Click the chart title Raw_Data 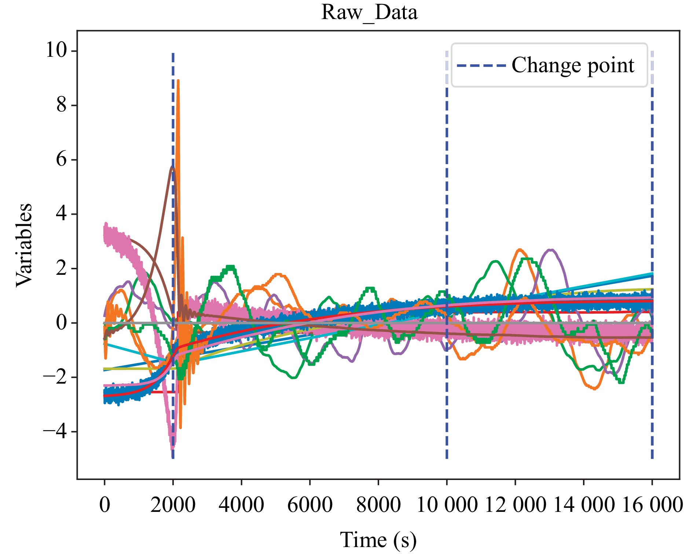point(369,12)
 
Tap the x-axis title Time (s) point(378,540)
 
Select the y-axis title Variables point(24,245)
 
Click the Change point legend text point(573,66)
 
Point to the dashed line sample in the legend point(481,66)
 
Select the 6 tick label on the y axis point(62,159)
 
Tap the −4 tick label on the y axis point(55,432)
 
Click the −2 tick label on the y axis point(55,377)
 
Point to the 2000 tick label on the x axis point(173,505)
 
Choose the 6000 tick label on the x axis point(310,505)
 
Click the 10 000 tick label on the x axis point(447,505)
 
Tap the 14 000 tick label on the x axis point(584,505)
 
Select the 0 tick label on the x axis point(104,505)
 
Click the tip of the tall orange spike point(178,81)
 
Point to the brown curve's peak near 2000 point(172,167)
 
